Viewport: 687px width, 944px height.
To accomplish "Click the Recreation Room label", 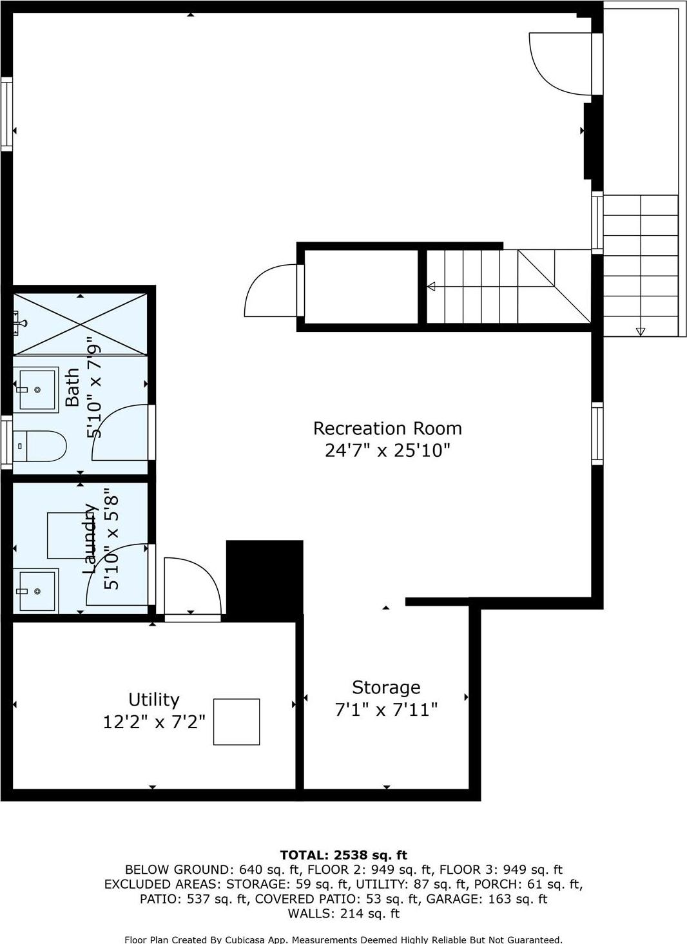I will pos(387,429).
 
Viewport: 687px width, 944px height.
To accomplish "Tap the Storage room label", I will pos(386,688).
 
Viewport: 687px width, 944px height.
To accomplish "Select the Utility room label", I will pos(153,700).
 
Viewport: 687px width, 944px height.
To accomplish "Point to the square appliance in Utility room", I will pos(237,722).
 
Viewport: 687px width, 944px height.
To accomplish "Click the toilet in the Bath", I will pos(40,445).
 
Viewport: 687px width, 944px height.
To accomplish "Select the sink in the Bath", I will pos(38,389).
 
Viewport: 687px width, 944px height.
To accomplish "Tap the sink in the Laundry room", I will pos(36,590).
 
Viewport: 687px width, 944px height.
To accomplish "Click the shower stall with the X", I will pos(80,323).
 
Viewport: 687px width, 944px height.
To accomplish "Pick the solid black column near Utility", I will pos(264,577).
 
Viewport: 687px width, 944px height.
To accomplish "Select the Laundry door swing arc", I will pos(116,573).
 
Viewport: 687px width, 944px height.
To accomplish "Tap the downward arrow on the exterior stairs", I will pos(640,331).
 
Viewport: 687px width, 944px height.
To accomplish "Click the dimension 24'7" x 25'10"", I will pos(387,450).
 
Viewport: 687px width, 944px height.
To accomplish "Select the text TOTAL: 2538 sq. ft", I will pos(343,855).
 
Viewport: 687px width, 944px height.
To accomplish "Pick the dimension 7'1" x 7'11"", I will pos(386,710).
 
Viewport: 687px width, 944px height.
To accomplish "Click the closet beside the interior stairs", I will pos(361,287).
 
